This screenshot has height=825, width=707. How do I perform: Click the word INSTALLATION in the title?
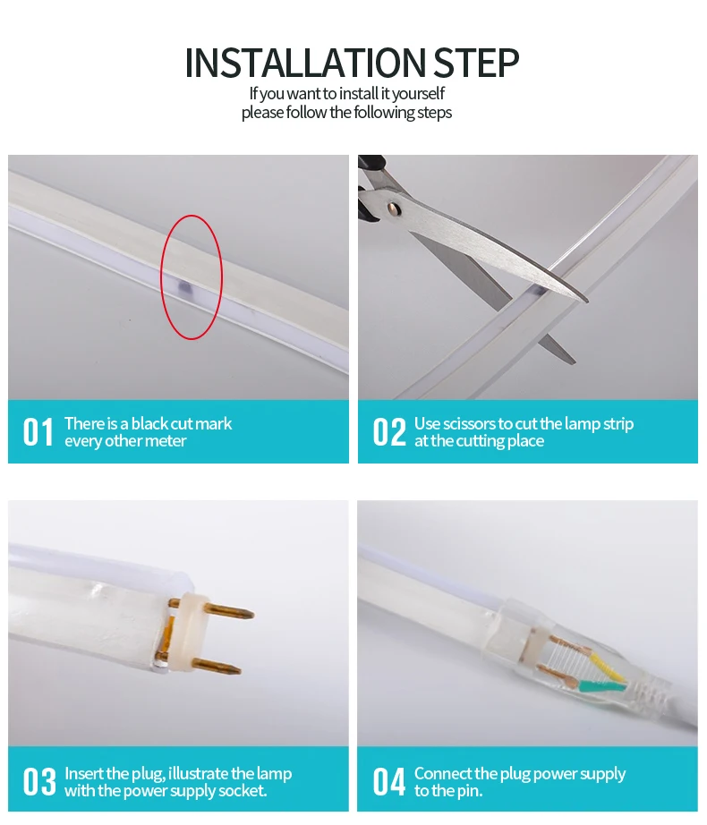[x=306, y=64]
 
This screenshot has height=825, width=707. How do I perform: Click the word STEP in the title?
[x=476, y=64]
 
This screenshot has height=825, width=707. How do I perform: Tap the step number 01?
[x=38, y=432]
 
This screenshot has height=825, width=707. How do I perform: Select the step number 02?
[x=388, y=432]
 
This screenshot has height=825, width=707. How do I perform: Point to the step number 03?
[x=38, y=781]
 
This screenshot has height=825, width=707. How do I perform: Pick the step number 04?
[x=388, y=781]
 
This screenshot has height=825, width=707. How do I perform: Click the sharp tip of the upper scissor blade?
[x=586, y=301]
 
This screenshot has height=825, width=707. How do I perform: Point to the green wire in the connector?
[x=603, y=685]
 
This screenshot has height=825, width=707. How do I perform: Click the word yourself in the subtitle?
[x=418, y=94]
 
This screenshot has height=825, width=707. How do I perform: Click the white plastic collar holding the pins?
[x=191, y=634]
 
